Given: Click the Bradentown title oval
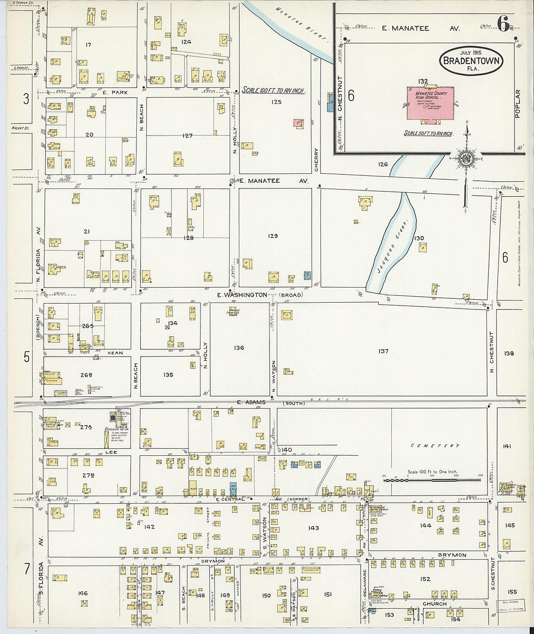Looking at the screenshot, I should pos(470,61).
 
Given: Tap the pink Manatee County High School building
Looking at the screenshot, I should pos(431,103).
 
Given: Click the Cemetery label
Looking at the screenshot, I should pos(435,446).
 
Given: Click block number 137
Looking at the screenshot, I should pos(384,351).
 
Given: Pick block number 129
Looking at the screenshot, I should pos(273,236).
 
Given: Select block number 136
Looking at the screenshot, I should pos(239,348).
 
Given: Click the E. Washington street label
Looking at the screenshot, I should pos(242,295).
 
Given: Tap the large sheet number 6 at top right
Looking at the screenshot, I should pos(503,23).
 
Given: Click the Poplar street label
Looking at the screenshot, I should pos(517,103).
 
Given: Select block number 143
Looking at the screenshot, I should pos(314,528).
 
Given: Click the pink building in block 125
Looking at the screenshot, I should pos(298,123).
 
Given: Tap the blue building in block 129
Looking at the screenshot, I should pos(307,275).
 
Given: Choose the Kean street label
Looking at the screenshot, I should pos(115,353).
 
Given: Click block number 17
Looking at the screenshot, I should pos(88,45).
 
